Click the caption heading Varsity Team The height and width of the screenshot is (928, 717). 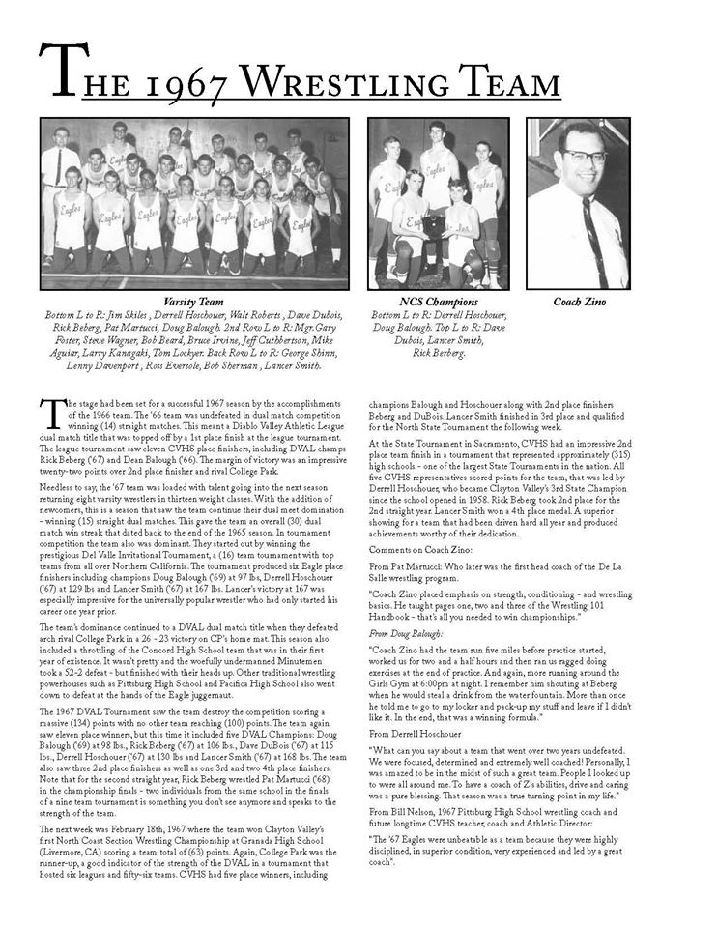[193, 302]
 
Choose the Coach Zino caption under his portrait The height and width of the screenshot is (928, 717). [579, 302]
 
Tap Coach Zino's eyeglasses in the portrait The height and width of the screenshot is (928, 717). [587, 156]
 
